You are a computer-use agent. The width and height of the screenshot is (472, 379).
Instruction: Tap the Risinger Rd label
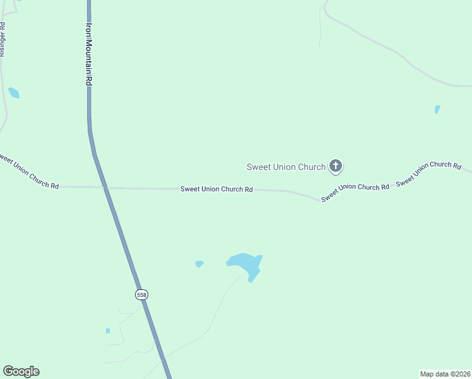pos(3,40)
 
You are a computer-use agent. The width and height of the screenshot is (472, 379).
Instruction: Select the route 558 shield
pos(141,294)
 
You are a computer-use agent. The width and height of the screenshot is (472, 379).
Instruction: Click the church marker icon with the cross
pos(336,166)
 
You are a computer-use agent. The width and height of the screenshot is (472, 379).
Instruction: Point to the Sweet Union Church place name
pos(285,167)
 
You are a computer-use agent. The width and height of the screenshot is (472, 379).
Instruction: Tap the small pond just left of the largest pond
pos(199,263)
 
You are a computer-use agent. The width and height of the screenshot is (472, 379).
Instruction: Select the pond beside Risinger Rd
pos(13,93)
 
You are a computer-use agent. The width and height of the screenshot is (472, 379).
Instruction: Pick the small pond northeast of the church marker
pos(437,109)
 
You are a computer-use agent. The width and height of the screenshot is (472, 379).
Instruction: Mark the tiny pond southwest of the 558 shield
pos(108,330)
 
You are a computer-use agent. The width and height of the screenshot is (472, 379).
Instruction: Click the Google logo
pos(21,371)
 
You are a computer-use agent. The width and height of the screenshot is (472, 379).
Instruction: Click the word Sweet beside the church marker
pos(258,167)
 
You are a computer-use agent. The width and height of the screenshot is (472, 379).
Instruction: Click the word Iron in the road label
pos(90,30)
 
